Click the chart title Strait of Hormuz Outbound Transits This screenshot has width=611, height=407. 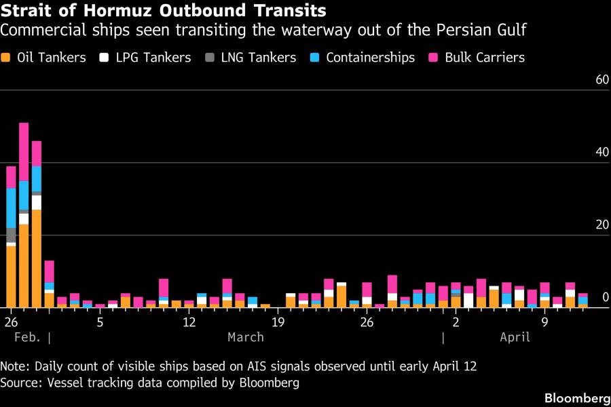pyautogui.click(x=163, y=11)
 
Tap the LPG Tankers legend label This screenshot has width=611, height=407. pyautogui.click(x=153, y=58)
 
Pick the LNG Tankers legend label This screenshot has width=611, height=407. pyautogui.click(x=259, y=58)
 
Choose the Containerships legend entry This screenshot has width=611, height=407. pyautogui.click(x=370, y=58)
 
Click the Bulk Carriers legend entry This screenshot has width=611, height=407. pyautogui.click(x=485, y=58)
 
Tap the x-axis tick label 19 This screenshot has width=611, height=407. pyautogui.click(x=278, y=321)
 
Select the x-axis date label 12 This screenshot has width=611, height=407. pyautogui.click(x=189, y=321)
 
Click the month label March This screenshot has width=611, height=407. pyautogui.click(x=246, y=337)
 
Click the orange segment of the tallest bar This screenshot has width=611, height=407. pyautogui.click(x=24, y=265)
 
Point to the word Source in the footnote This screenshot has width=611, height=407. pyautogui.click(x=20, y=383)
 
